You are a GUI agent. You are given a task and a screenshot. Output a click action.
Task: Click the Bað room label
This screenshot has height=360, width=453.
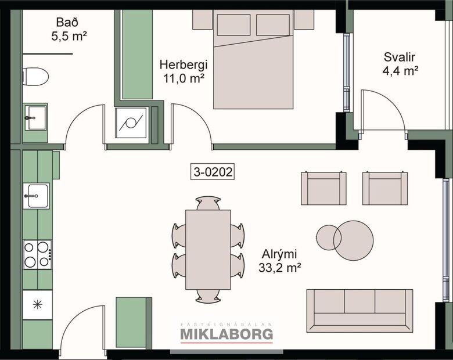62,23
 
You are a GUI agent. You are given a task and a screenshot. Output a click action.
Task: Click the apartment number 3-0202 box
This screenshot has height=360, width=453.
213,172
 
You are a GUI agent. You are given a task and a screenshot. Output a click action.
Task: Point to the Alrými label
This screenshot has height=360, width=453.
279,254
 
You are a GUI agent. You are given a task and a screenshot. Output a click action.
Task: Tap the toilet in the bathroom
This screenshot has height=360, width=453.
35,76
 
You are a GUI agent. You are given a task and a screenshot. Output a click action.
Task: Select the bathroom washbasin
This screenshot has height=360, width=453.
35,118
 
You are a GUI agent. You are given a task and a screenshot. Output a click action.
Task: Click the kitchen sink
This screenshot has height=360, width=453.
37,196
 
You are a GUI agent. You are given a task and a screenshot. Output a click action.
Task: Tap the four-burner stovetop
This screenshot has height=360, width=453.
37,254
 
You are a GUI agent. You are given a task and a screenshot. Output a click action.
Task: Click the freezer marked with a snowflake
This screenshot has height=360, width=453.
37,304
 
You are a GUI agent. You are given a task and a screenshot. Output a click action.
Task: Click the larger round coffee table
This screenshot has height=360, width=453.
353,240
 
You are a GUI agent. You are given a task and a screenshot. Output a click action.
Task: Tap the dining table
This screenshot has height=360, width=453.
208,250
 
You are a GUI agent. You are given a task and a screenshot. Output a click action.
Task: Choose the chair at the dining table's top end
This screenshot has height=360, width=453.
208,203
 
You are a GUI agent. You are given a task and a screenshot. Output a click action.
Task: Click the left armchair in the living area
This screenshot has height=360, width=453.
323,189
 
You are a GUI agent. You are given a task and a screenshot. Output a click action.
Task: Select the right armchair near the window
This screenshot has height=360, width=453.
385,189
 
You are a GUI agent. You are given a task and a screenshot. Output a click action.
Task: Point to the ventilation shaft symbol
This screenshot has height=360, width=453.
131,123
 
